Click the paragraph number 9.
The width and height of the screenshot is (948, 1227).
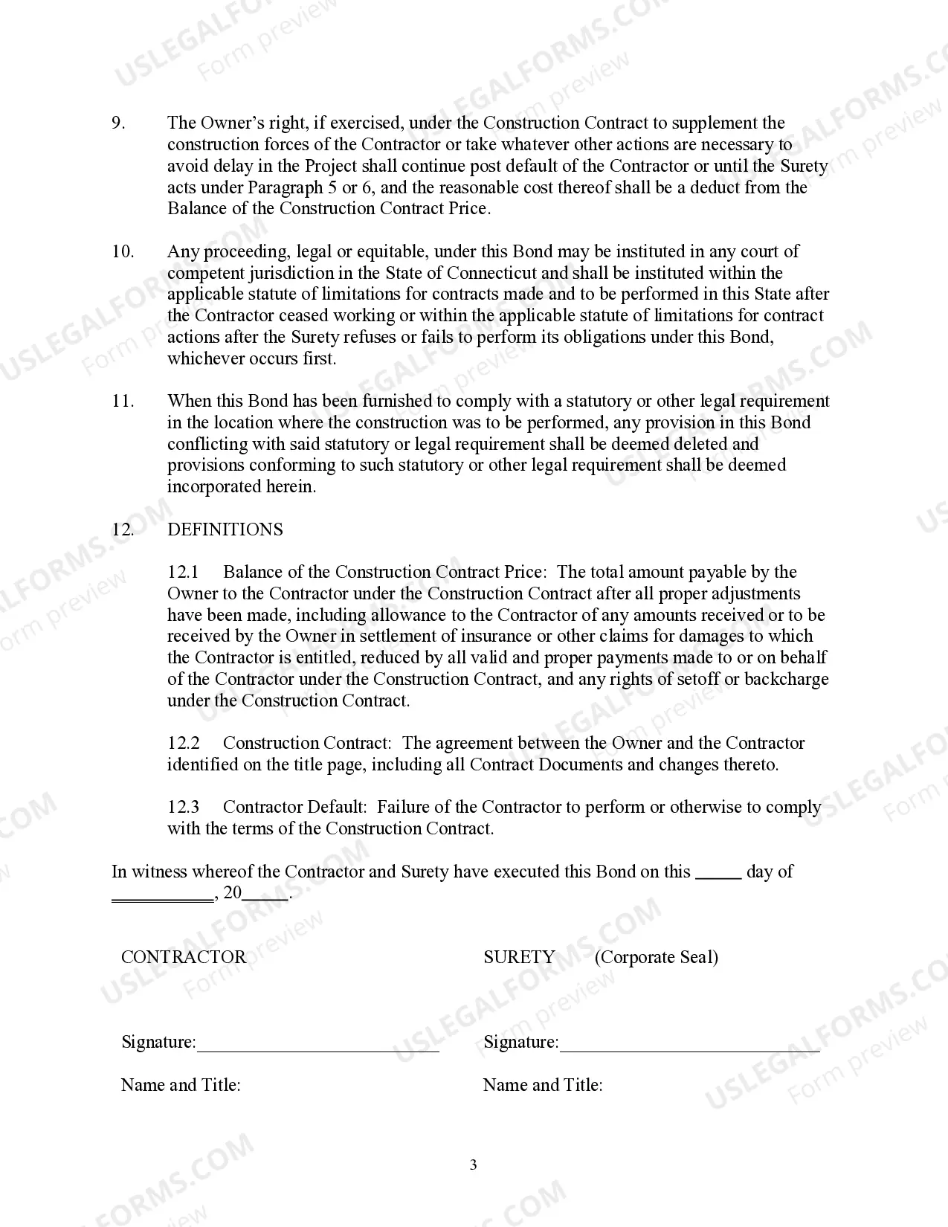pos(118,123)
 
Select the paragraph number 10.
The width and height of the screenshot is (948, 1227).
pos(123,251)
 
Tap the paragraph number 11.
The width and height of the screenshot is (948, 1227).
pos(123,401)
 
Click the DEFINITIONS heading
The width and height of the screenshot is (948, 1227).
pos(225,529)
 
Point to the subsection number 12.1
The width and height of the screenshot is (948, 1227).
pos(184,572)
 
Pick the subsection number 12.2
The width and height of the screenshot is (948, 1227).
pos(184,743)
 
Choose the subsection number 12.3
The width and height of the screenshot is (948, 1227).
pos(184,807)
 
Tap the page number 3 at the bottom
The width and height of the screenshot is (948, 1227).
pos(474,1165)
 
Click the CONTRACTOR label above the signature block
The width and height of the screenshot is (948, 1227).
pos(183,957)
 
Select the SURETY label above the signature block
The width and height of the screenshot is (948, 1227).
pos(519,957)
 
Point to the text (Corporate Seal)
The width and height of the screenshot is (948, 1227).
pos(656,957)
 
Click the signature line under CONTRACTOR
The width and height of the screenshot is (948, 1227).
pos(318,1050)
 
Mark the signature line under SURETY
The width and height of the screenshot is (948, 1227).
pos(689,1050)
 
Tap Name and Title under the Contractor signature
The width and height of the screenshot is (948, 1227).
pos(181,1085)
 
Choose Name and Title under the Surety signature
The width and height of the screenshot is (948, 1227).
pos(543,1085)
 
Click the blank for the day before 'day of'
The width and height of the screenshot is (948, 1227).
pos(718,877)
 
